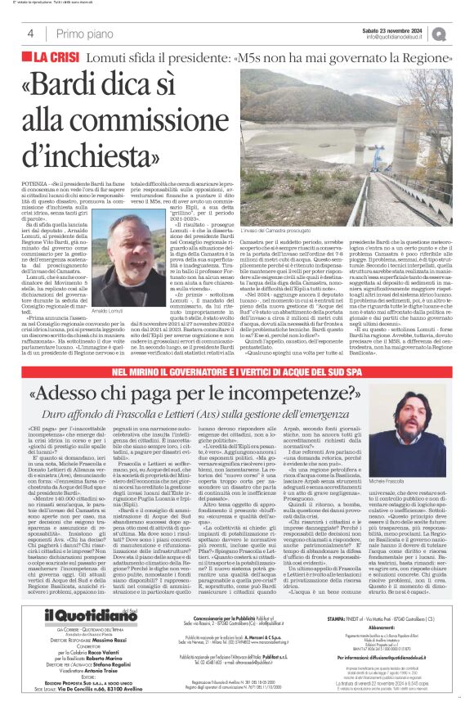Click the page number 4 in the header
[31, 34]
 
